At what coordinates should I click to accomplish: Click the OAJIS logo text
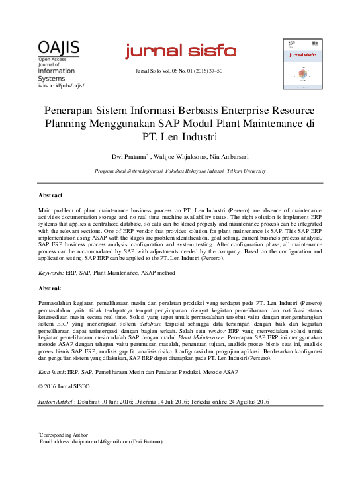[x=59, y=48]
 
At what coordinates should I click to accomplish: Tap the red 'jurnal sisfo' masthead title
[x=180, y=50]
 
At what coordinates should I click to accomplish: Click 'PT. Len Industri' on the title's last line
[x=180, y=138]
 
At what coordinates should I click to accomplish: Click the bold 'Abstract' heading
[x=50, y=196]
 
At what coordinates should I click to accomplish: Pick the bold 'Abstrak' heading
[x=49, y=289]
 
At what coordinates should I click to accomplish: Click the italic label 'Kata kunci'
[x=52, y=373]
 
